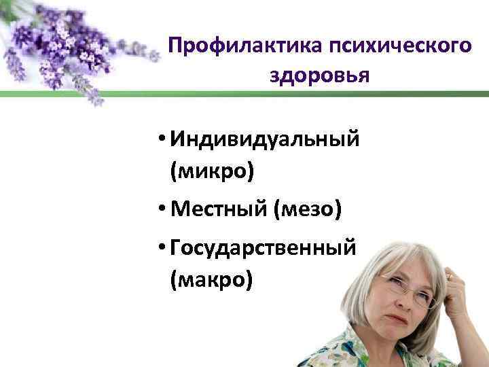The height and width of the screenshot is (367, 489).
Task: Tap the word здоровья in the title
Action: [319, 75]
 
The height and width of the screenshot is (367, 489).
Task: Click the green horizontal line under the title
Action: [326, 96]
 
